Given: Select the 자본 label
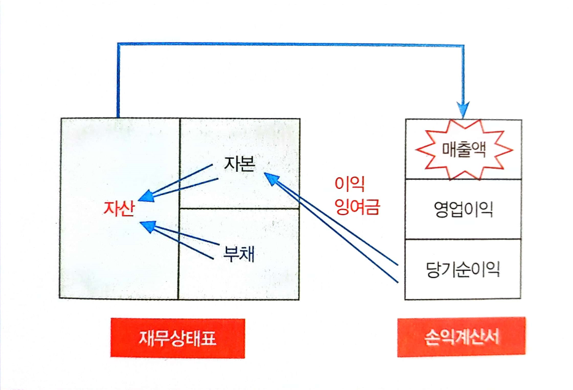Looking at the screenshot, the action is [x=236, y=165].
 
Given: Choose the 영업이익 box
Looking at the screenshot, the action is [x=463, y=209].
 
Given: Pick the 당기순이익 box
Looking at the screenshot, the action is [x=463, y=270].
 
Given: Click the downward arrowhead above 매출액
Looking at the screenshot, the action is [x=463, y=110].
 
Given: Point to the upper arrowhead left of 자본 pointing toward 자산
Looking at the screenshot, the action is [x=146, y=196].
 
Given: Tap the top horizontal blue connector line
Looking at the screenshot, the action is [x=288, y=44].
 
